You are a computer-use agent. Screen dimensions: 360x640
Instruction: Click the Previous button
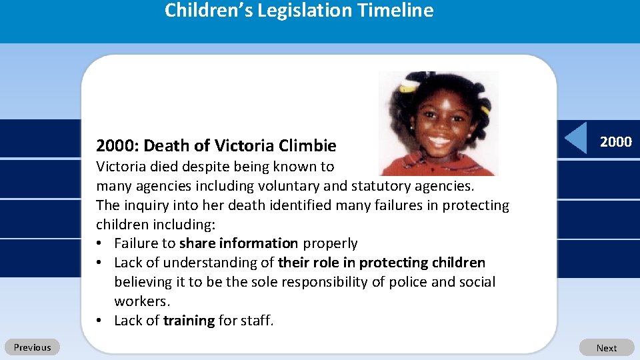[32, 347]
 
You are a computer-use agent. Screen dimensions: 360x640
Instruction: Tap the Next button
[606, 348]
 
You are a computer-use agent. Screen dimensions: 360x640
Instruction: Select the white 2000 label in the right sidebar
[615, 141]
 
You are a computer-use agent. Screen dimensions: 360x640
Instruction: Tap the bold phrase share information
[239, 243]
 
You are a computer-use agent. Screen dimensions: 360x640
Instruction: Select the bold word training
[189, 321]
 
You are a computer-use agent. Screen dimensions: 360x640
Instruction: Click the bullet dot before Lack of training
[99, 321]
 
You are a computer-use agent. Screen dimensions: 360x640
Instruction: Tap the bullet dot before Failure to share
[99, 243]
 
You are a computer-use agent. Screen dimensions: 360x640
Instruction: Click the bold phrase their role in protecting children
[381, 263]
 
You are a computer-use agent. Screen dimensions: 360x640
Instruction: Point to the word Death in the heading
[164, 145]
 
